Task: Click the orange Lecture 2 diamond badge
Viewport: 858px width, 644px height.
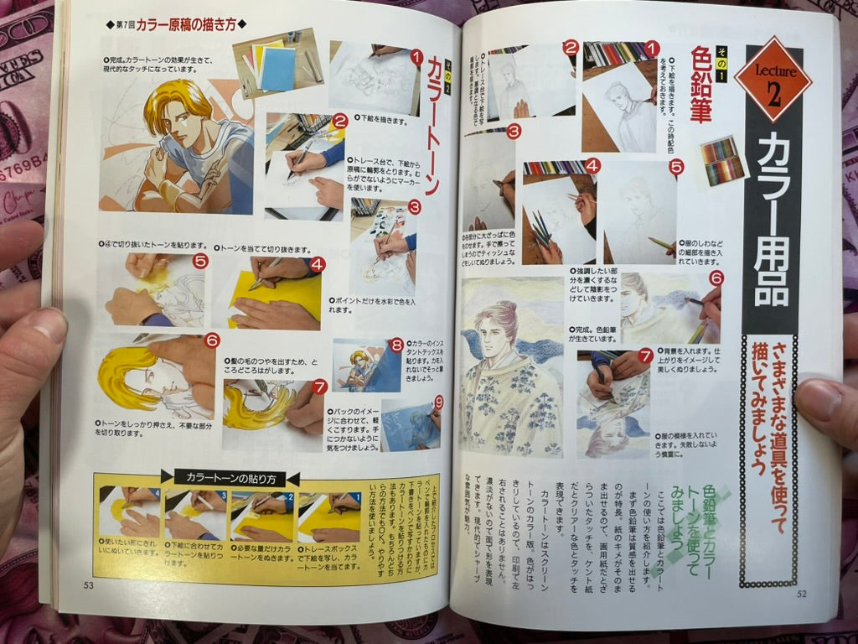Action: coord(772,80)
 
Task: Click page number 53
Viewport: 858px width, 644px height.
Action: coord(88,585)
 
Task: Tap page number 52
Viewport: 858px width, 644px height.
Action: coord(801,594)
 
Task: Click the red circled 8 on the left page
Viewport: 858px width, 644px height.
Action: coord(395,345)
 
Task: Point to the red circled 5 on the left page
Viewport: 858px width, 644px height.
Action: coord(199,261)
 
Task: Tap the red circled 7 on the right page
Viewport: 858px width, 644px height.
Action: coord(644,355)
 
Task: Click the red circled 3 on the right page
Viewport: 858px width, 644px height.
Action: coord(514,131)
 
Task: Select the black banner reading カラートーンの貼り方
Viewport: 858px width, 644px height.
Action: coord(229,479)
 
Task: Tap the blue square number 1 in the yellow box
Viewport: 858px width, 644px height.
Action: coord(355,496)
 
